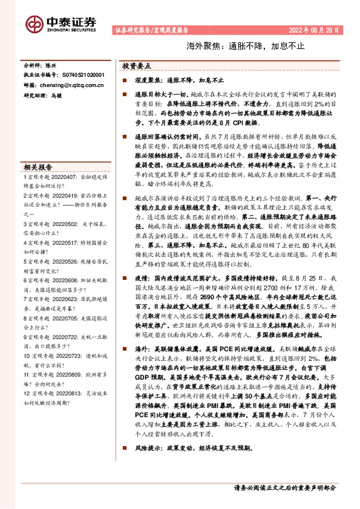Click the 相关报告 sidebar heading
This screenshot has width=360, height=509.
click(x=38, y=167)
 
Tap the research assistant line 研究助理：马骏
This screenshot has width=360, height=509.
click(x=43, y=96)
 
